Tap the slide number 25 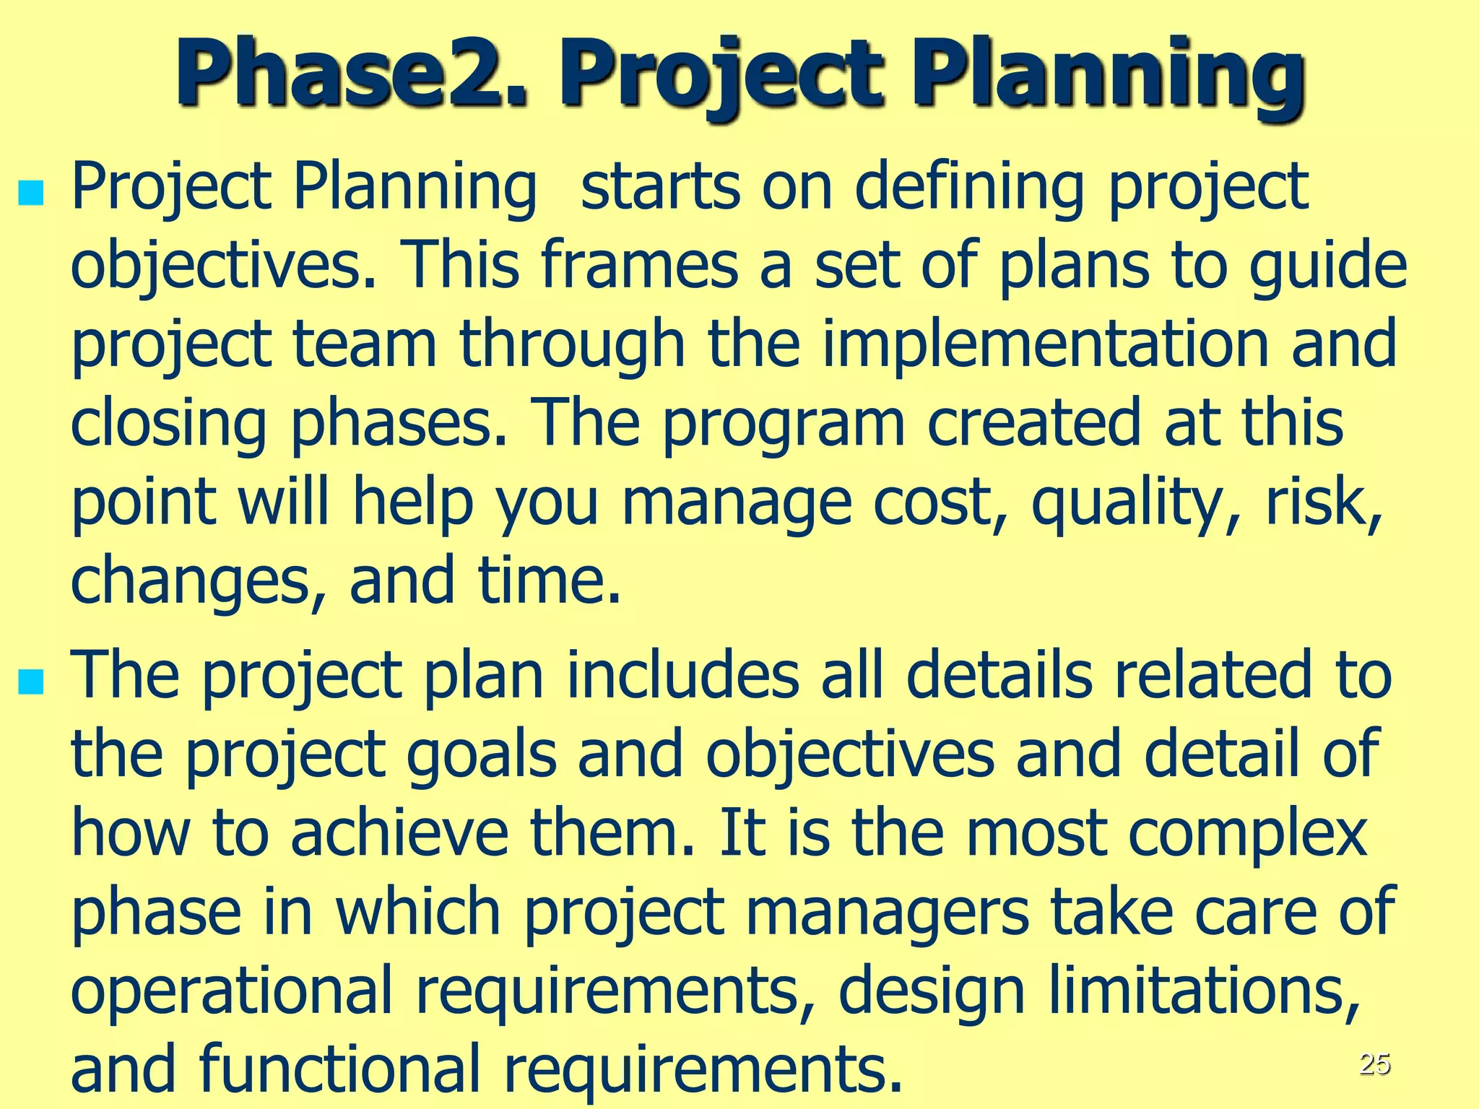[x=1374, y=1064]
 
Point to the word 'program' [x=783, y=426]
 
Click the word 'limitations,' [x=1205, y=990]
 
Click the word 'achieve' [x=399, y=832]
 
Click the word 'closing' [x=169, y=426]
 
